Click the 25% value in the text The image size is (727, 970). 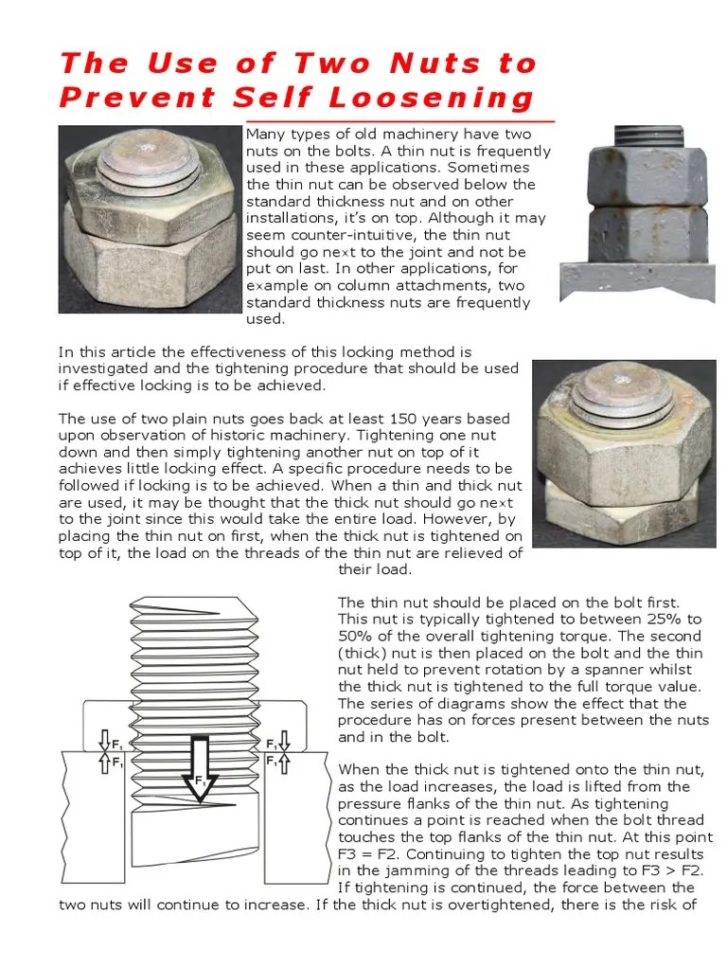pos(681,619)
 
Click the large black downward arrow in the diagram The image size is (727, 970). pos(199,757)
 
